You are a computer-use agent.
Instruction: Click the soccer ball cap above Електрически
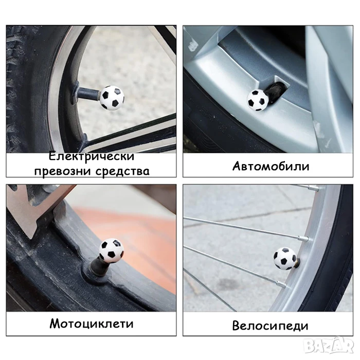pos(112,98)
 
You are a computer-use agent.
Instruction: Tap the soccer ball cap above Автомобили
pos(258,100)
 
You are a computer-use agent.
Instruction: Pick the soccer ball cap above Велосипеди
pos(285,258)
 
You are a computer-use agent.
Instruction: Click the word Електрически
pos(92,156)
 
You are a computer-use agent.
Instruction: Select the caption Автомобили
pos(271,166)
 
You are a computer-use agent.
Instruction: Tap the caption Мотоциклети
pos(92,323)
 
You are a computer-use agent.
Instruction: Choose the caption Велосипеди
pos(270,326)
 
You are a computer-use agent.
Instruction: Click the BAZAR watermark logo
pos(328,345)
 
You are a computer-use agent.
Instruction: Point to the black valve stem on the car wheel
pos(277,91)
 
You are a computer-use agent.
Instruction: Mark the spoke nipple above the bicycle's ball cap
pos(303,238)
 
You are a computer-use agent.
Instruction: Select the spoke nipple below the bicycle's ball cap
pos(281,285)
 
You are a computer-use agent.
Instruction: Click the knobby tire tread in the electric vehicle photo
pos(17,89)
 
